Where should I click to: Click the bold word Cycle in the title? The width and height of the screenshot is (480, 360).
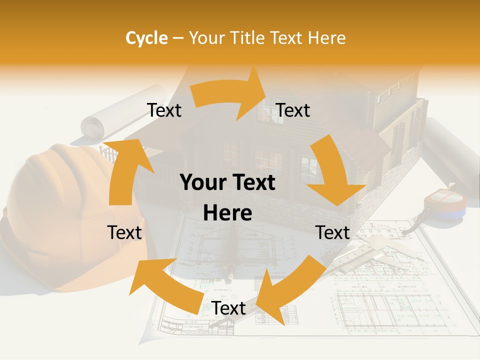(146, 38)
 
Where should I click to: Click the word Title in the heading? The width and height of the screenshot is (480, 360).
(248, 38)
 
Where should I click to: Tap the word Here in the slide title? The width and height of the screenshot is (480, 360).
(326, 38)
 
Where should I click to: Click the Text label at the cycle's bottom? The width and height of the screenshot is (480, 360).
(228, 308)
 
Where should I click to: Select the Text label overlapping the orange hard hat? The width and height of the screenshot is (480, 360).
(124, 232)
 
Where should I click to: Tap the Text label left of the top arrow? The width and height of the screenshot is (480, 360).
(164, 110)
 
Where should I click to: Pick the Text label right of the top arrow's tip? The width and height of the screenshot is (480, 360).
(293, 110)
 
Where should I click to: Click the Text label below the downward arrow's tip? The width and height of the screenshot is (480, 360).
(332, 232)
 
